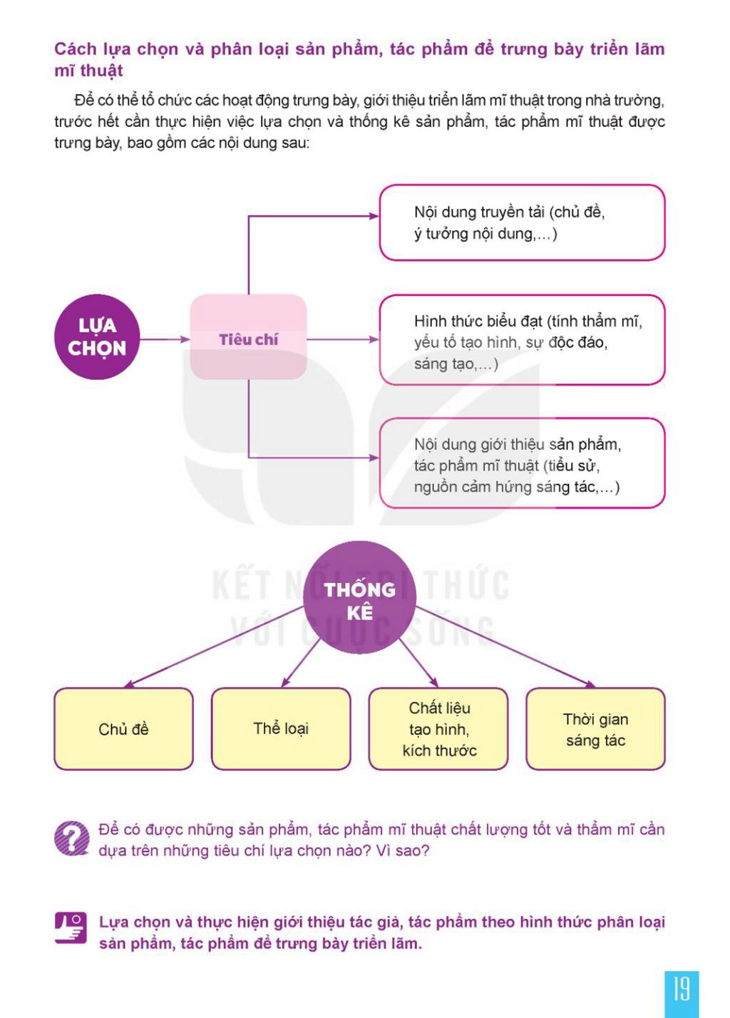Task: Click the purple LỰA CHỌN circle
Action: click(97, 336)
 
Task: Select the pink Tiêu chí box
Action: click(248, 336)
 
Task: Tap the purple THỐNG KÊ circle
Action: click(359, 597)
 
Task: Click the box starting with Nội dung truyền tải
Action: click(522, 222)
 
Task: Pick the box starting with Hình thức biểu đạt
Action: click(522, 340)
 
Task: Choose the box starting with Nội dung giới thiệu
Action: click(522, 463)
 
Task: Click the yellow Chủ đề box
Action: click(123, 729)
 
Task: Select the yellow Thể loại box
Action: click(281, 729)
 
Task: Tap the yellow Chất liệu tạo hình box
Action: click(438, 729)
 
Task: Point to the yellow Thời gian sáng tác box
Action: click(595, 729)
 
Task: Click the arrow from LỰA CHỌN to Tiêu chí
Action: click(165, 339)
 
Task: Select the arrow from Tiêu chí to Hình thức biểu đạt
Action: click(343, 339)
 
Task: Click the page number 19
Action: click(682, 989)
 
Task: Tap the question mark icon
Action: click(71, 838)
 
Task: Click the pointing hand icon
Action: click(71, 928)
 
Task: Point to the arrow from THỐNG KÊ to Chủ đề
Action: click(214, 647)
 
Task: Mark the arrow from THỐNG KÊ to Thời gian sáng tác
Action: click(505, 647)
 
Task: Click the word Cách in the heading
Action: click(76, 48)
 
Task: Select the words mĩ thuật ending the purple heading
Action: click(88, 71)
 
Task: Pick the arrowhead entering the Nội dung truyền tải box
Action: click(374, 216)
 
